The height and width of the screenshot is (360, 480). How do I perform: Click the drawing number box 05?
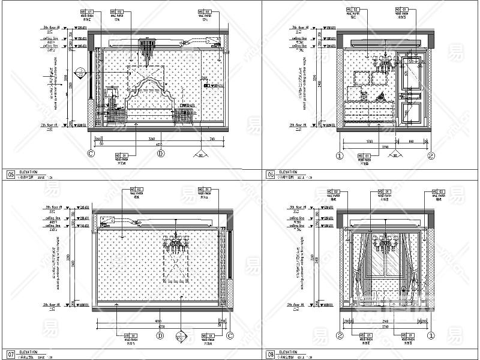tap(10, 175)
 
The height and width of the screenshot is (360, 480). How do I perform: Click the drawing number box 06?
tap(271, 175)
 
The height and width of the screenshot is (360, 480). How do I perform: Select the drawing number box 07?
tap(10, 355)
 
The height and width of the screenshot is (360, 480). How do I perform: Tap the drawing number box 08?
tap(271, 355)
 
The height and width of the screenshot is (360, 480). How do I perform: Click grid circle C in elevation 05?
tap(92, 153)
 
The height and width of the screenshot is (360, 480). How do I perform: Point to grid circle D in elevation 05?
tap(160, 153)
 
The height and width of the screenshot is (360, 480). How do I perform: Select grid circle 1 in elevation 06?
tap(339, 156)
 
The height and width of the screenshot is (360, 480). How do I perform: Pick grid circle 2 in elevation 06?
tap(430, 156)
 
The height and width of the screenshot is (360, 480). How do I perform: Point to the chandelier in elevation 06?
tap(384, 62)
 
